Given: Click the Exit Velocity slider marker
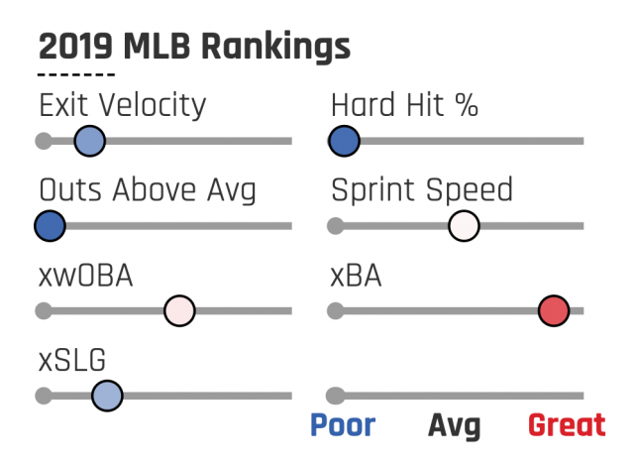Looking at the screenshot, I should tap(88, 142).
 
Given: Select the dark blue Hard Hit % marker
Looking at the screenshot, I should tap(344, 142).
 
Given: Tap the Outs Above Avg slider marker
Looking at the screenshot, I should tap(50, 226).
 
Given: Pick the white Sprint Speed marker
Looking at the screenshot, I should tap(464, 226).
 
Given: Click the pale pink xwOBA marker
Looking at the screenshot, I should tap(179, 310).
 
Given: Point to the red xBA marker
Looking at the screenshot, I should tap(554, 310).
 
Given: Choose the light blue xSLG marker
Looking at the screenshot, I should tap(107, 396).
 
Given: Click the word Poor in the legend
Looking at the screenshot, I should tap(343, 425).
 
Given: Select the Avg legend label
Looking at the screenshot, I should tap(454, 426).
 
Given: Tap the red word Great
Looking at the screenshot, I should tap(567, 425).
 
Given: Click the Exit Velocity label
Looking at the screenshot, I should tap(122, 105).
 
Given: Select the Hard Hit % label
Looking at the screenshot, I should tap(404, 105).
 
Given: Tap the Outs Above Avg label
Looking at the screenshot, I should tap(147, 189).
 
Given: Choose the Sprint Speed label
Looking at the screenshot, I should tap(422, 190).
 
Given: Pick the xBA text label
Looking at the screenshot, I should tap(356, 275).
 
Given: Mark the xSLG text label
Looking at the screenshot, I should tap(72, 359).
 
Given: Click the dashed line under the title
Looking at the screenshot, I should tap(76, 74).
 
